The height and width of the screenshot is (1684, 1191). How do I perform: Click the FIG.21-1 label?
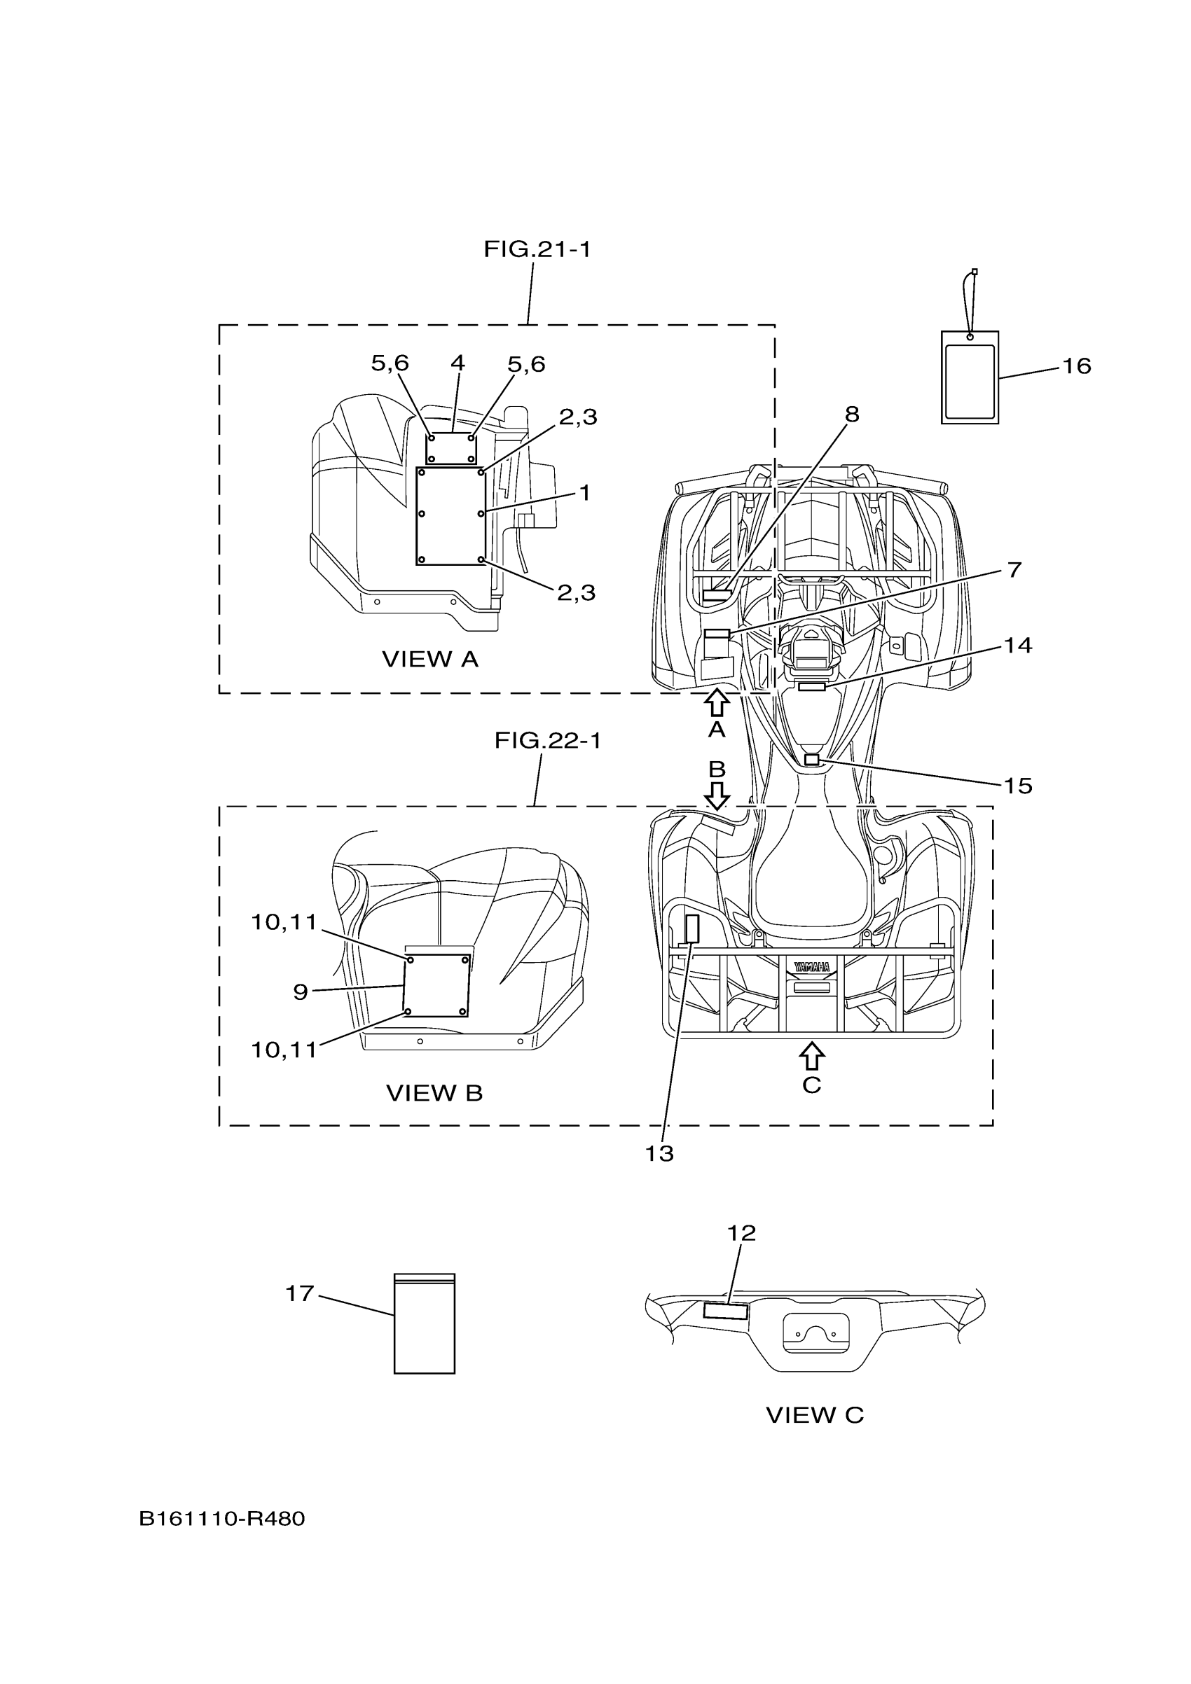point(537,250)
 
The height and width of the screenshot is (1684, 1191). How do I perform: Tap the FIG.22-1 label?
point(547,741)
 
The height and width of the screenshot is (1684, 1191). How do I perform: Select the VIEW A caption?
point(430,660)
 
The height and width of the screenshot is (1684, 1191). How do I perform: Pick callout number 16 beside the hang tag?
point(1077,366)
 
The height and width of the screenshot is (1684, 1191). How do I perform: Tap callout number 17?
point(299,1294)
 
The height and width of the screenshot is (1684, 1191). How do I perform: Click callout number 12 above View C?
point(741,1234)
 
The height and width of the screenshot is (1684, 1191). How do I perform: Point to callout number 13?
point(659,1154)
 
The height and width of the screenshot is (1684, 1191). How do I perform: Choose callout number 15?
point(1018,786)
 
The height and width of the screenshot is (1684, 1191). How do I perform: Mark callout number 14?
point(1018,646)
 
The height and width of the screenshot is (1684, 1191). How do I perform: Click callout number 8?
point(851,415)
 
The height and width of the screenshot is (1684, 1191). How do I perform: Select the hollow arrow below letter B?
point(716,794)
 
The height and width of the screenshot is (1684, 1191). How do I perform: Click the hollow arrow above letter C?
point(811,1056)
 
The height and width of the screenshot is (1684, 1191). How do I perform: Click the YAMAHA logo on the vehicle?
point(811,968)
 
